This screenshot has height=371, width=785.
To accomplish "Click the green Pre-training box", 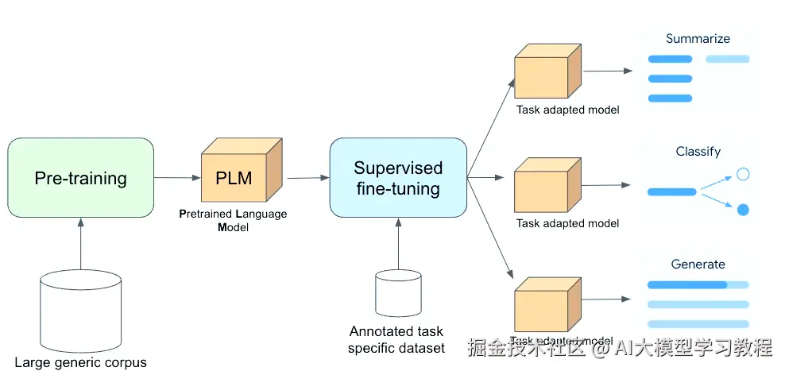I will pyautogui.click(x=80, y=177).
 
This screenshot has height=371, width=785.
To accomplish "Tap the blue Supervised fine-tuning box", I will pyautogui.click(x=397, y=178).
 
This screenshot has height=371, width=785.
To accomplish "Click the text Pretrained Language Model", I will pyautogui.click(x=233, y=221).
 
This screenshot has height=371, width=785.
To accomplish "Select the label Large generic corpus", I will pyautogui.click(x=80, y=362).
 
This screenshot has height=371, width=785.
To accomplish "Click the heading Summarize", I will pyautogui.click(x=698, y=38).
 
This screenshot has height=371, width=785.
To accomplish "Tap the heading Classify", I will pyautogui.click(x=698, y=151).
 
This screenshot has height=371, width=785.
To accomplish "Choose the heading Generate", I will pyautogui.click(x=698, y=264).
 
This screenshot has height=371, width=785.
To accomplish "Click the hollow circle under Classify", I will pyautogui.click(x=743, y=174).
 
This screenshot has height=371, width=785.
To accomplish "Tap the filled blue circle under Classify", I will pyautogui.click(x=743, y=210).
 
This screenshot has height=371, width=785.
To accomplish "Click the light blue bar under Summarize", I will pyautogui.click(x=727, y=59).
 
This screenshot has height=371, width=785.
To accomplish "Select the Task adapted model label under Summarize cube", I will pyautogui.click(x=567, y=110).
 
